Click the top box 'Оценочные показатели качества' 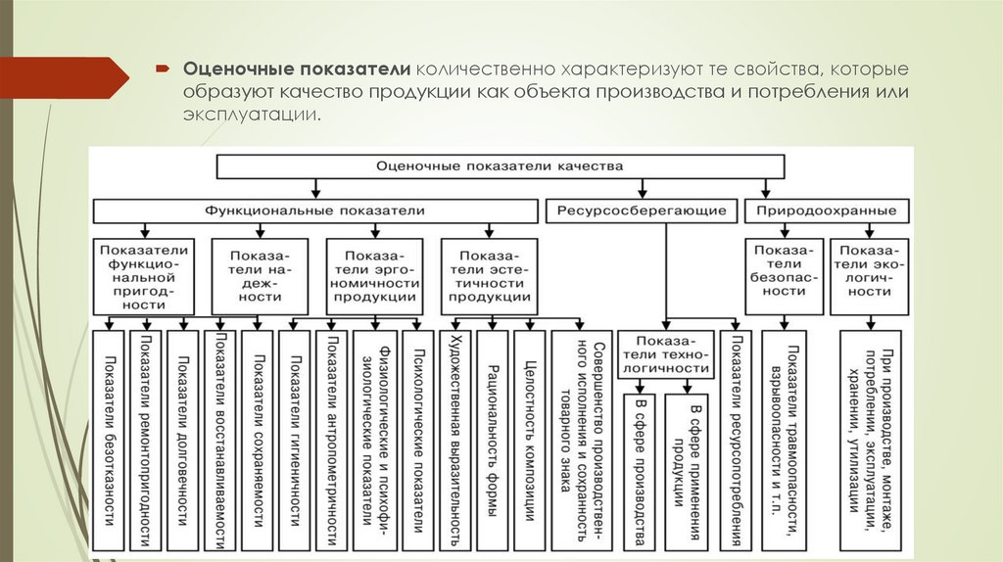click(x=500, y=166)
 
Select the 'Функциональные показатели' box click(x=315, y=211)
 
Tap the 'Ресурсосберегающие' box click(x=642, y=211)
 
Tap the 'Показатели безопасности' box click(x=783, y=275)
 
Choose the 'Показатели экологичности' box click(x=869, y=275)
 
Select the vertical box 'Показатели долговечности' click(x=182, y=440)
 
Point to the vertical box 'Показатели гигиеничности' click(x=295, y=440)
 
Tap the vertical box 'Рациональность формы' click(x=491, y=440)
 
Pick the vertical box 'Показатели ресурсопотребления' click(x=736, y=440)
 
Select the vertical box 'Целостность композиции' click(x=529, y=440)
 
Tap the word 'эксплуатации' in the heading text click(x=249, y=116)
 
